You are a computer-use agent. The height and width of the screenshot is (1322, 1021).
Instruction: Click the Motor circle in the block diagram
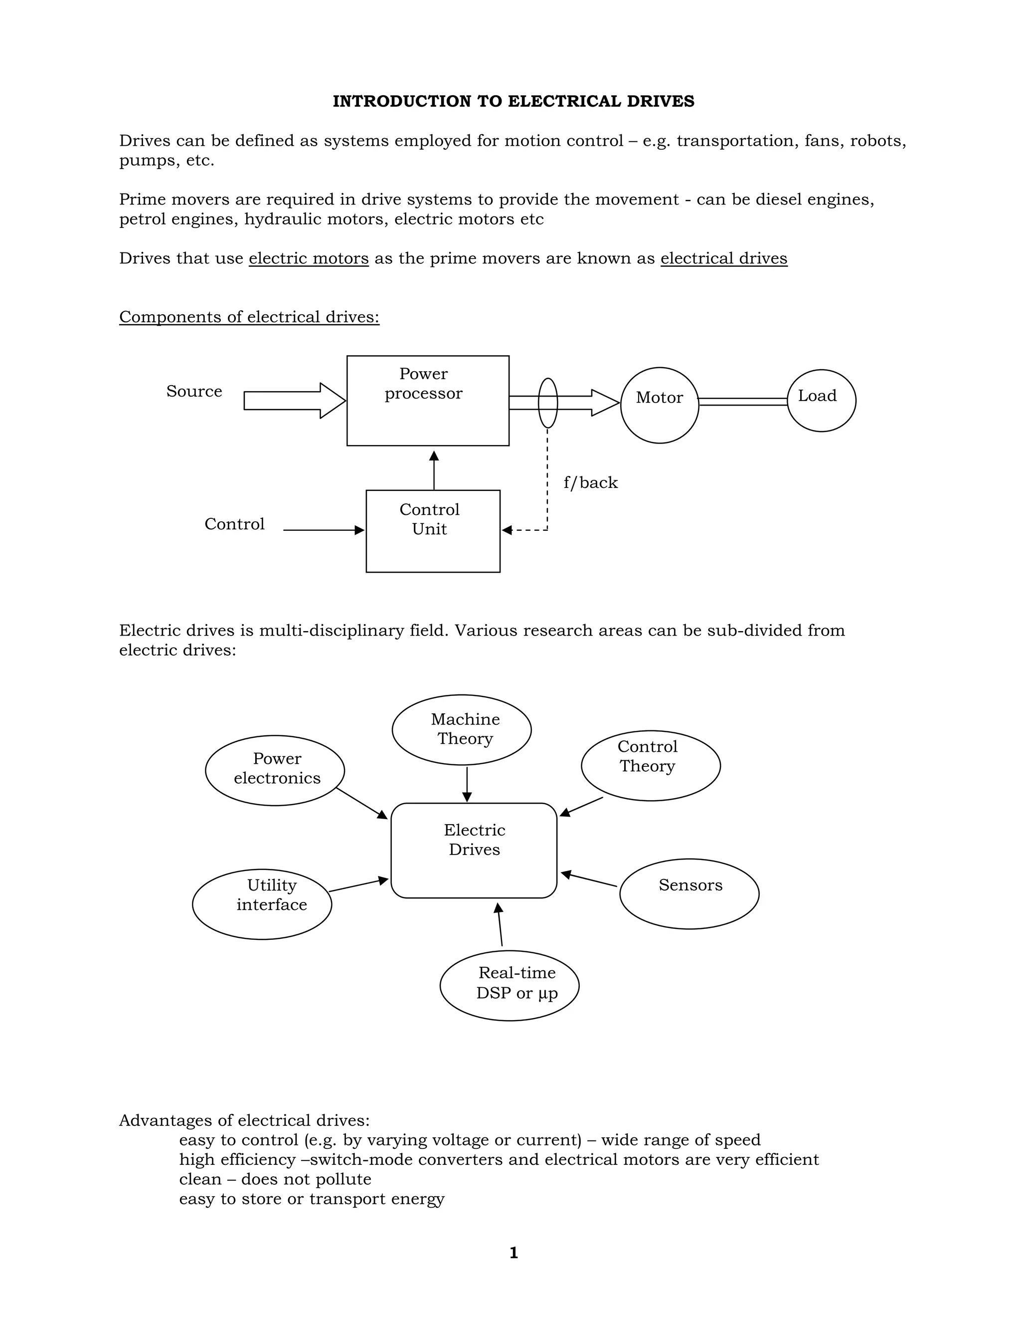[659, 405]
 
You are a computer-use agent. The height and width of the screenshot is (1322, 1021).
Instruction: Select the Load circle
[821, 400]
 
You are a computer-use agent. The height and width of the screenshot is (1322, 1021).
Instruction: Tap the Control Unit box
[433, 531]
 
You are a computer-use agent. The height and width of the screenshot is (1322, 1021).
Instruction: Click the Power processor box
[428, 401]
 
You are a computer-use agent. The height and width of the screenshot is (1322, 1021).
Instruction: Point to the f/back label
[590, 482]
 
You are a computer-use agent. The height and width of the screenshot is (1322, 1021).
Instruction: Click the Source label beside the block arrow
[194, 391]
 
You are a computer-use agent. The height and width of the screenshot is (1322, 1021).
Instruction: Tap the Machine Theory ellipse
[462, 729]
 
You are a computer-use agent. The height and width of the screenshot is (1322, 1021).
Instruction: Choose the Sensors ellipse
[689, 893]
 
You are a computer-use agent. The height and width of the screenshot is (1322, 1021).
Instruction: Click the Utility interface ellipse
[262, 904]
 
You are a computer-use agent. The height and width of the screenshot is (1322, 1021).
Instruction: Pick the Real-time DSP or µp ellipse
[510, 985]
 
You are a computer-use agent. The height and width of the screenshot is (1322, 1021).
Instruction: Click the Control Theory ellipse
[651, 765]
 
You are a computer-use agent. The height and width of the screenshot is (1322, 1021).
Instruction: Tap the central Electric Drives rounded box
[474, 850]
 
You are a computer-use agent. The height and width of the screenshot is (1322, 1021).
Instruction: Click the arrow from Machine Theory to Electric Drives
[467, 784]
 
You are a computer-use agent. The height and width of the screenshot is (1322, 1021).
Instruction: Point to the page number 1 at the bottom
[513, 1252]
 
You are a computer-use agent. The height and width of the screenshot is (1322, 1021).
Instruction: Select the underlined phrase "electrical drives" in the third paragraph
[723, 258]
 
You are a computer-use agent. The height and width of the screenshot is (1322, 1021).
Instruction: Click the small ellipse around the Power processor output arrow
[547, 403]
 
